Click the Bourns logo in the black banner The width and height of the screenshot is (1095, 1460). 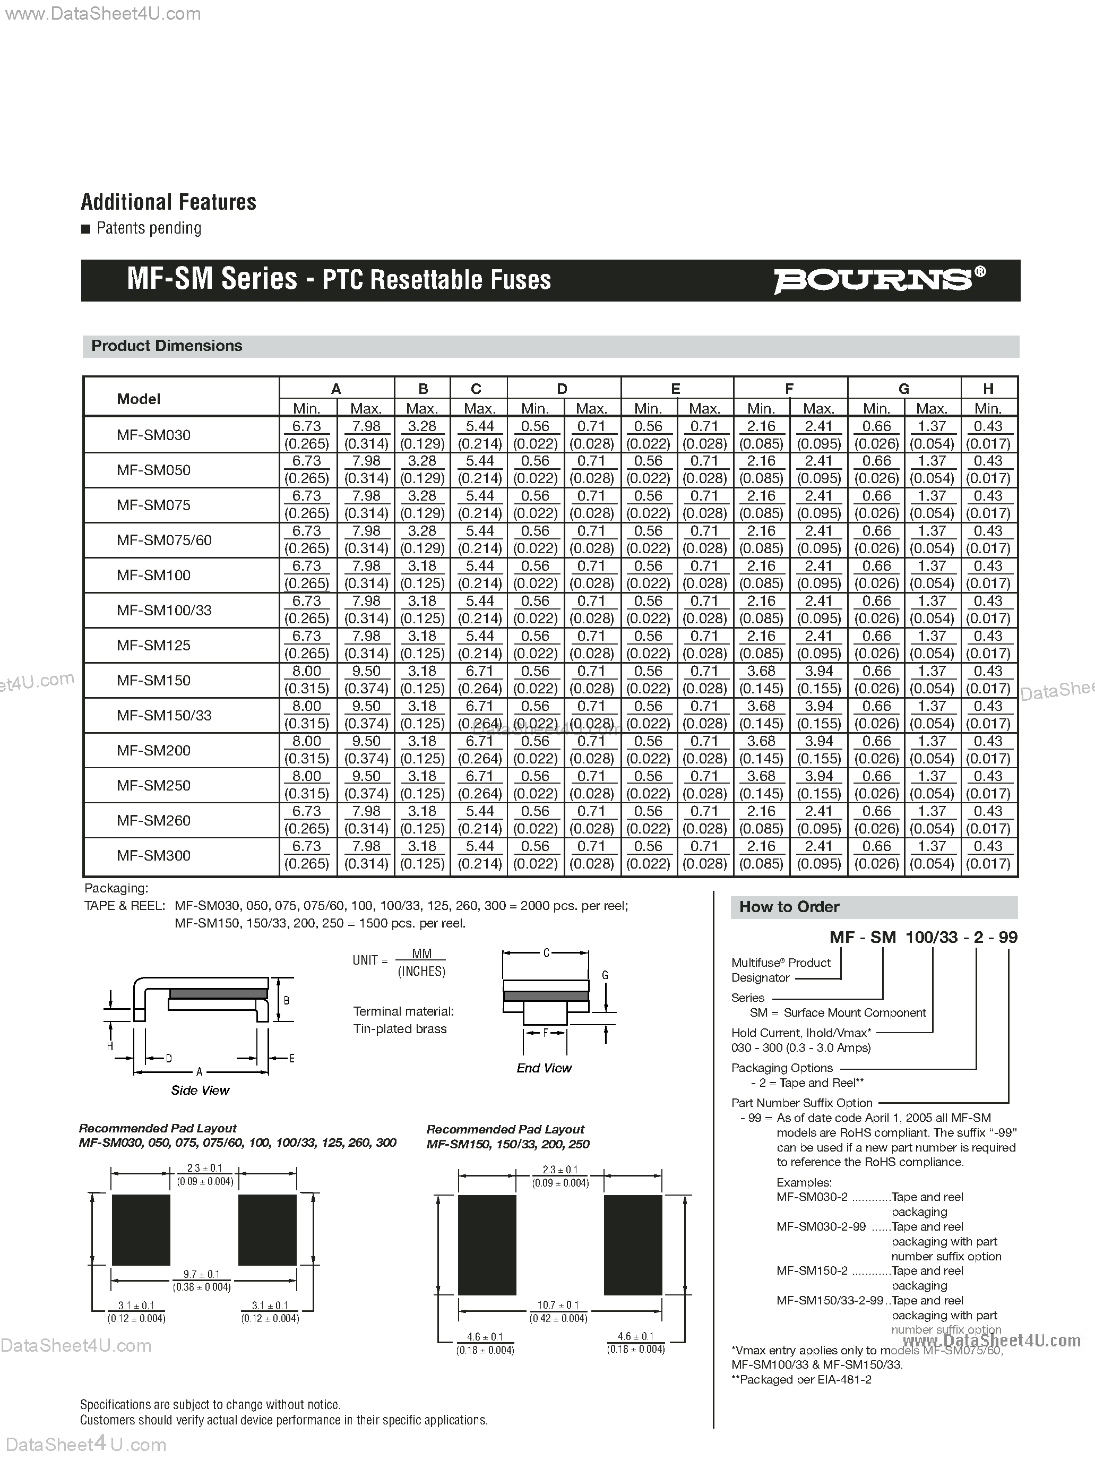pos(878,280)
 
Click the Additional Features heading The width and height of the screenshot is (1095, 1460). pos(168,202)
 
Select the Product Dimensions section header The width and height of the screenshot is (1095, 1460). pos(167,346)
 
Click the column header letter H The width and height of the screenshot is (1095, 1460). pos(988,389)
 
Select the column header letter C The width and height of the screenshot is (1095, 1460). pos(476,389)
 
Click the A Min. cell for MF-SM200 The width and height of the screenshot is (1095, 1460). pos(307,750)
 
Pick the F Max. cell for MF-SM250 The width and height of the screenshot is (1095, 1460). pos(818,785)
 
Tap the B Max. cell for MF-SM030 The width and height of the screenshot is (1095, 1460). pos(422,434)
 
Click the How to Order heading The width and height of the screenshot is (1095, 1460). pos(789,907)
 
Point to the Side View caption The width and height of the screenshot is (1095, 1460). pos(200,1090)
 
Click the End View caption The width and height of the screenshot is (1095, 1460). pos(544,1068)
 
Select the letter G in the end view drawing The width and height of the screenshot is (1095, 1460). pos(605,975)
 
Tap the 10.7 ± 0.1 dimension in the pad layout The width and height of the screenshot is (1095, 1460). pos(558,1305)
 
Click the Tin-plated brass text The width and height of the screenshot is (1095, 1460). pos(400,1029)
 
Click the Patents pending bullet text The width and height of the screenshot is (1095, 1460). pos(149,228)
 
